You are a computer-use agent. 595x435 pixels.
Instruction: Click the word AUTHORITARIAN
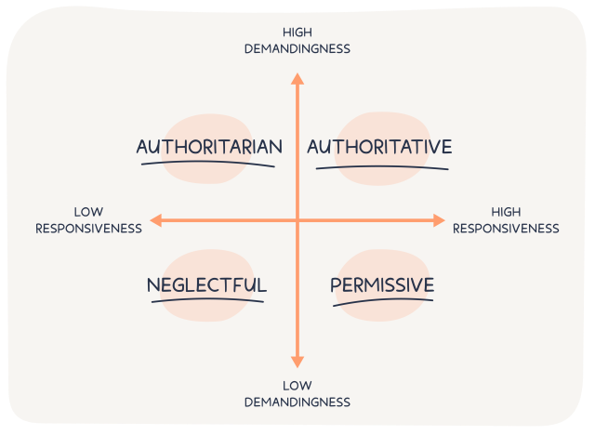[209, 147]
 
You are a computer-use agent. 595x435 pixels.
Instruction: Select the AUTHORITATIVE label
[379, 147]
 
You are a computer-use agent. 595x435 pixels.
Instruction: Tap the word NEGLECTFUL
[206, 284]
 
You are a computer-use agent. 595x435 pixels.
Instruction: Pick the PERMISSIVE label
[382, 284]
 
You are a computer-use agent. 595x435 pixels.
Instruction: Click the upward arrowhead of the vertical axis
[297, 78]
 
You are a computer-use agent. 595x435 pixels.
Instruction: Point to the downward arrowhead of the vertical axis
[297, 362]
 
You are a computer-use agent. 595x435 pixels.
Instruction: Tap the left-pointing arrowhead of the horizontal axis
[156, 220]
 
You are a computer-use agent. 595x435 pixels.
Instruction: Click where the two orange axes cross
[297, 220]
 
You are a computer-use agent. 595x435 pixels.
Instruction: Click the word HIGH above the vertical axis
[297, 33]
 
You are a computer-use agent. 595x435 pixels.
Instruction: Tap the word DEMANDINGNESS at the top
[297, 48]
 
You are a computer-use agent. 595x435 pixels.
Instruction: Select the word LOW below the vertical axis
[297, 386]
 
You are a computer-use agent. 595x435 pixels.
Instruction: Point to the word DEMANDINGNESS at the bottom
[297, 402]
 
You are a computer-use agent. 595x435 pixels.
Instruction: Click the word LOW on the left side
[88, 212]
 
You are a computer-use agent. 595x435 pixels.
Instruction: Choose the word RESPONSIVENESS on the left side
[88, 228]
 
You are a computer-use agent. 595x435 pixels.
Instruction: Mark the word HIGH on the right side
[506, 212]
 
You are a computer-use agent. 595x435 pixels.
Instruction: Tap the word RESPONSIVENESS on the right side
[506, 228]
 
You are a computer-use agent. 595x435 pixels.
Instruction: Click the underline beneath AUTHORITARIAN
[208, 165]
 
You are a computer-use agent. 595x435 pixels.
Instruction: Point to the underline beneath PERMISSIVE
[382, 301]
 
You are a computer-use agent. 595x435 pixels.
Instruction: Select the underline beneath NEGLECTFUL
[206, 301]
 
